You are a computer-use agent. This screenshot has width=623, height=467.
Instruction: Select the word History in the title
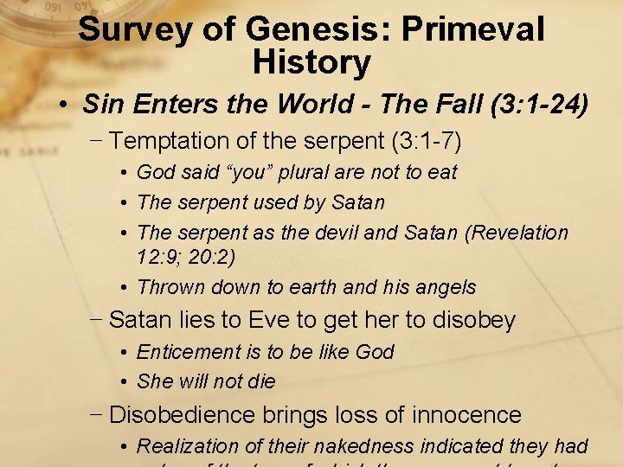click(x=311, y=62)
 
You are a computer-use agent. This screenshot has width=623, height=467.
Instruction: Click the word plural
click(x=305, y=172)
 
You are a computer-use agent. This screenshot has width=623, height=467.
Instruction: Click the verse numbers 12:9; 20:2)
click(x=198, y=256)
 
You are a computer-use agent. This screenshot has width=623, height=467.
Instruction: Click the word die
click(x=260, y=381)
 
